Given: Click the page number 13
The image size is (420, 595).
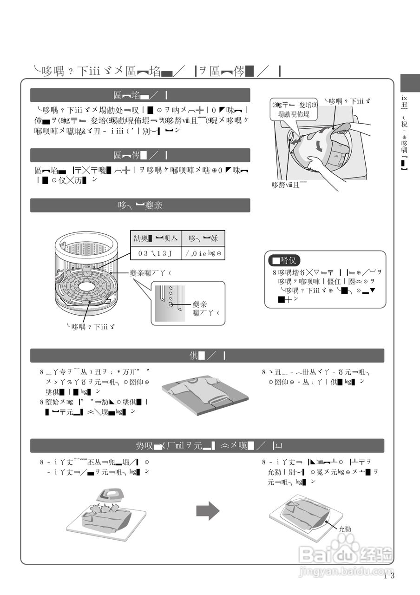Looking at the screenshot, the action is click(x=389, y=576).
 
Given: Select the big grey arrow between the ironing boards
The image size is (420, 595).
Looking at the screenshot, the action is click(x=207, y=511).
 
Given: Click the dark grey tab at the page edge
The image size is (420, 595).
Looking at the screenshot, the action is click(x=410, y=83).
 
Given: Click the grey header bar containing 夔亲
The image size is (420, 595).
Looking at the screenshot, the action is click(x=140, y=205).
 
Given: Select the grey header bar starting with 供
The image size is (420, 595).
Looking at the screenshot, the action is click(x=207, y=356).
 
